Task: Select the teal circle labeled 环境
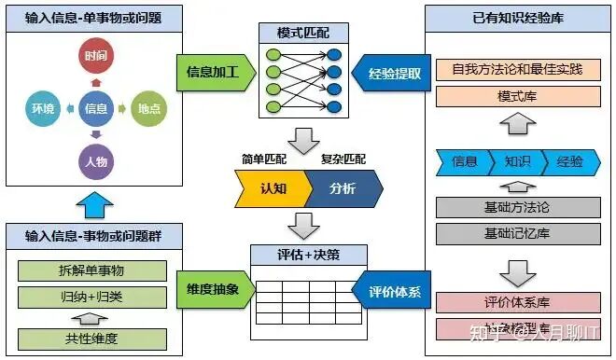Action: click(x=43, y=109)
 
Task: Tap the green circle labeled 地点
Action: click(x=147, y=109)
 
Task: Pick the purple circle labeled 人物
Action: click(x=95, y=161)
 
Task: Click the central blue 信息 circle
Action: click(x=95, y=109)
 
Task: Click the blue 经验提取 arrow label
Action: click(x=391, y=70)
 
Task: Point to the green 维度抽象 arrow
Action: click(x=213, y=289)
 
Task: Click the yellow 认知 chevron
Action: click(x=272, y=188)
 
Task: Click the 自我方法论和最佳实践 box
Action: click(x=518, y=69)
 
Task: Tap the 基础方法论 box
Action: click(x=518, y=207)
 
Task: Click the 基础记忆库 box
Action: click(x=518, y=232)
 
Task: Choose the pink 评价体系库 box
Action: click(x=518, y=302)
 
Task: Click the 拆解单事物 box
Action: click(x=92, y=271)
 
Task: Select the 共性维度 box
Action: click(x=92, y=339)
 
